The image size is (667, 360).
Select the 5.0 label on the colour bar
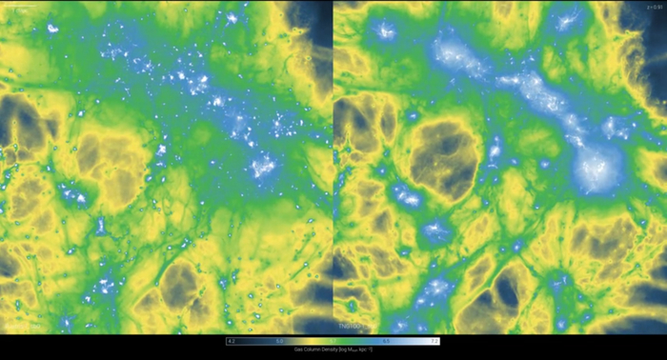pyautogui.click(x=280, y=340)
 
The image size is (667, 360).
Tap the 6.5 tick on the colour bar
pyautogui.click(x=385, y=340)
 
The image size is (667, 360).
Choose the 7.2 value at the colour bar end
pyautogui.click(x=434, y=340)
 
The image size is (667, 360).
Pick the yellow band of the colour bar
pyautogui.click(x=310, y=340)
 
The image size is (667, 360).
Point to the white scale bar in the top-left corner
pyautogui.click(x=19, y=8)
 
